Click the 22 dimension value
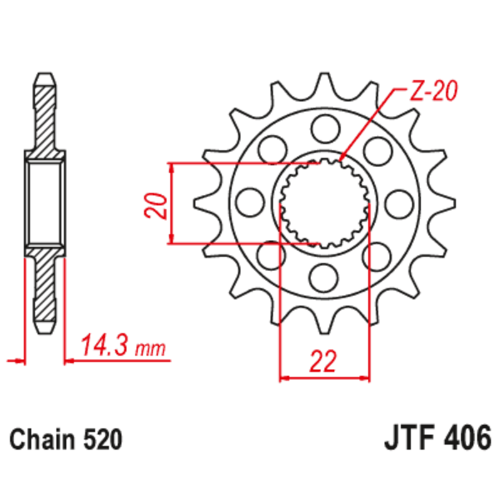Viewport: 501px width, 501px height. (324, 361)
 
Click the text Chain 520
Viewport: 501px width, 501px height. (65, 439)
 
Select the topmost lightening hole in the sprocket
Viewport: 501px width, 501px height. (324, 130)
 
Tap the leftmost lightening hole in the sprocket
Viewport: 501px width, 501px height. (251, 201)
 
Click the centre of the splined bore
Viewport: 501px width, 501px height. (324, 202)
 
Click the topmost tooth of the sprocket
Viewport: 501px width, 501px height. (324, 81)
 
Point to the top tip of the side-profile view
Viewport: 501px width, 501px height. (44, 75)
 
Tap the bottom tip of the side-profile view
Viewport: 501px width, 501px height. (44, 330)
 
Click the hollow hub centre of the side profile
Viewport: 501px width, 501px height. (44, 202)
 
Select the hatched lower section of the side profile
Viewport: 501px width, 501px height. (44, 288)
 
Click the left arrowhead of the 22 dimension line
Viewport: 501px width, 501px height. (283, 378)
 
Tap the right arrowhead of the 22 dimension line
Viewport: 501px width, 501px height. (366, 378)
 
